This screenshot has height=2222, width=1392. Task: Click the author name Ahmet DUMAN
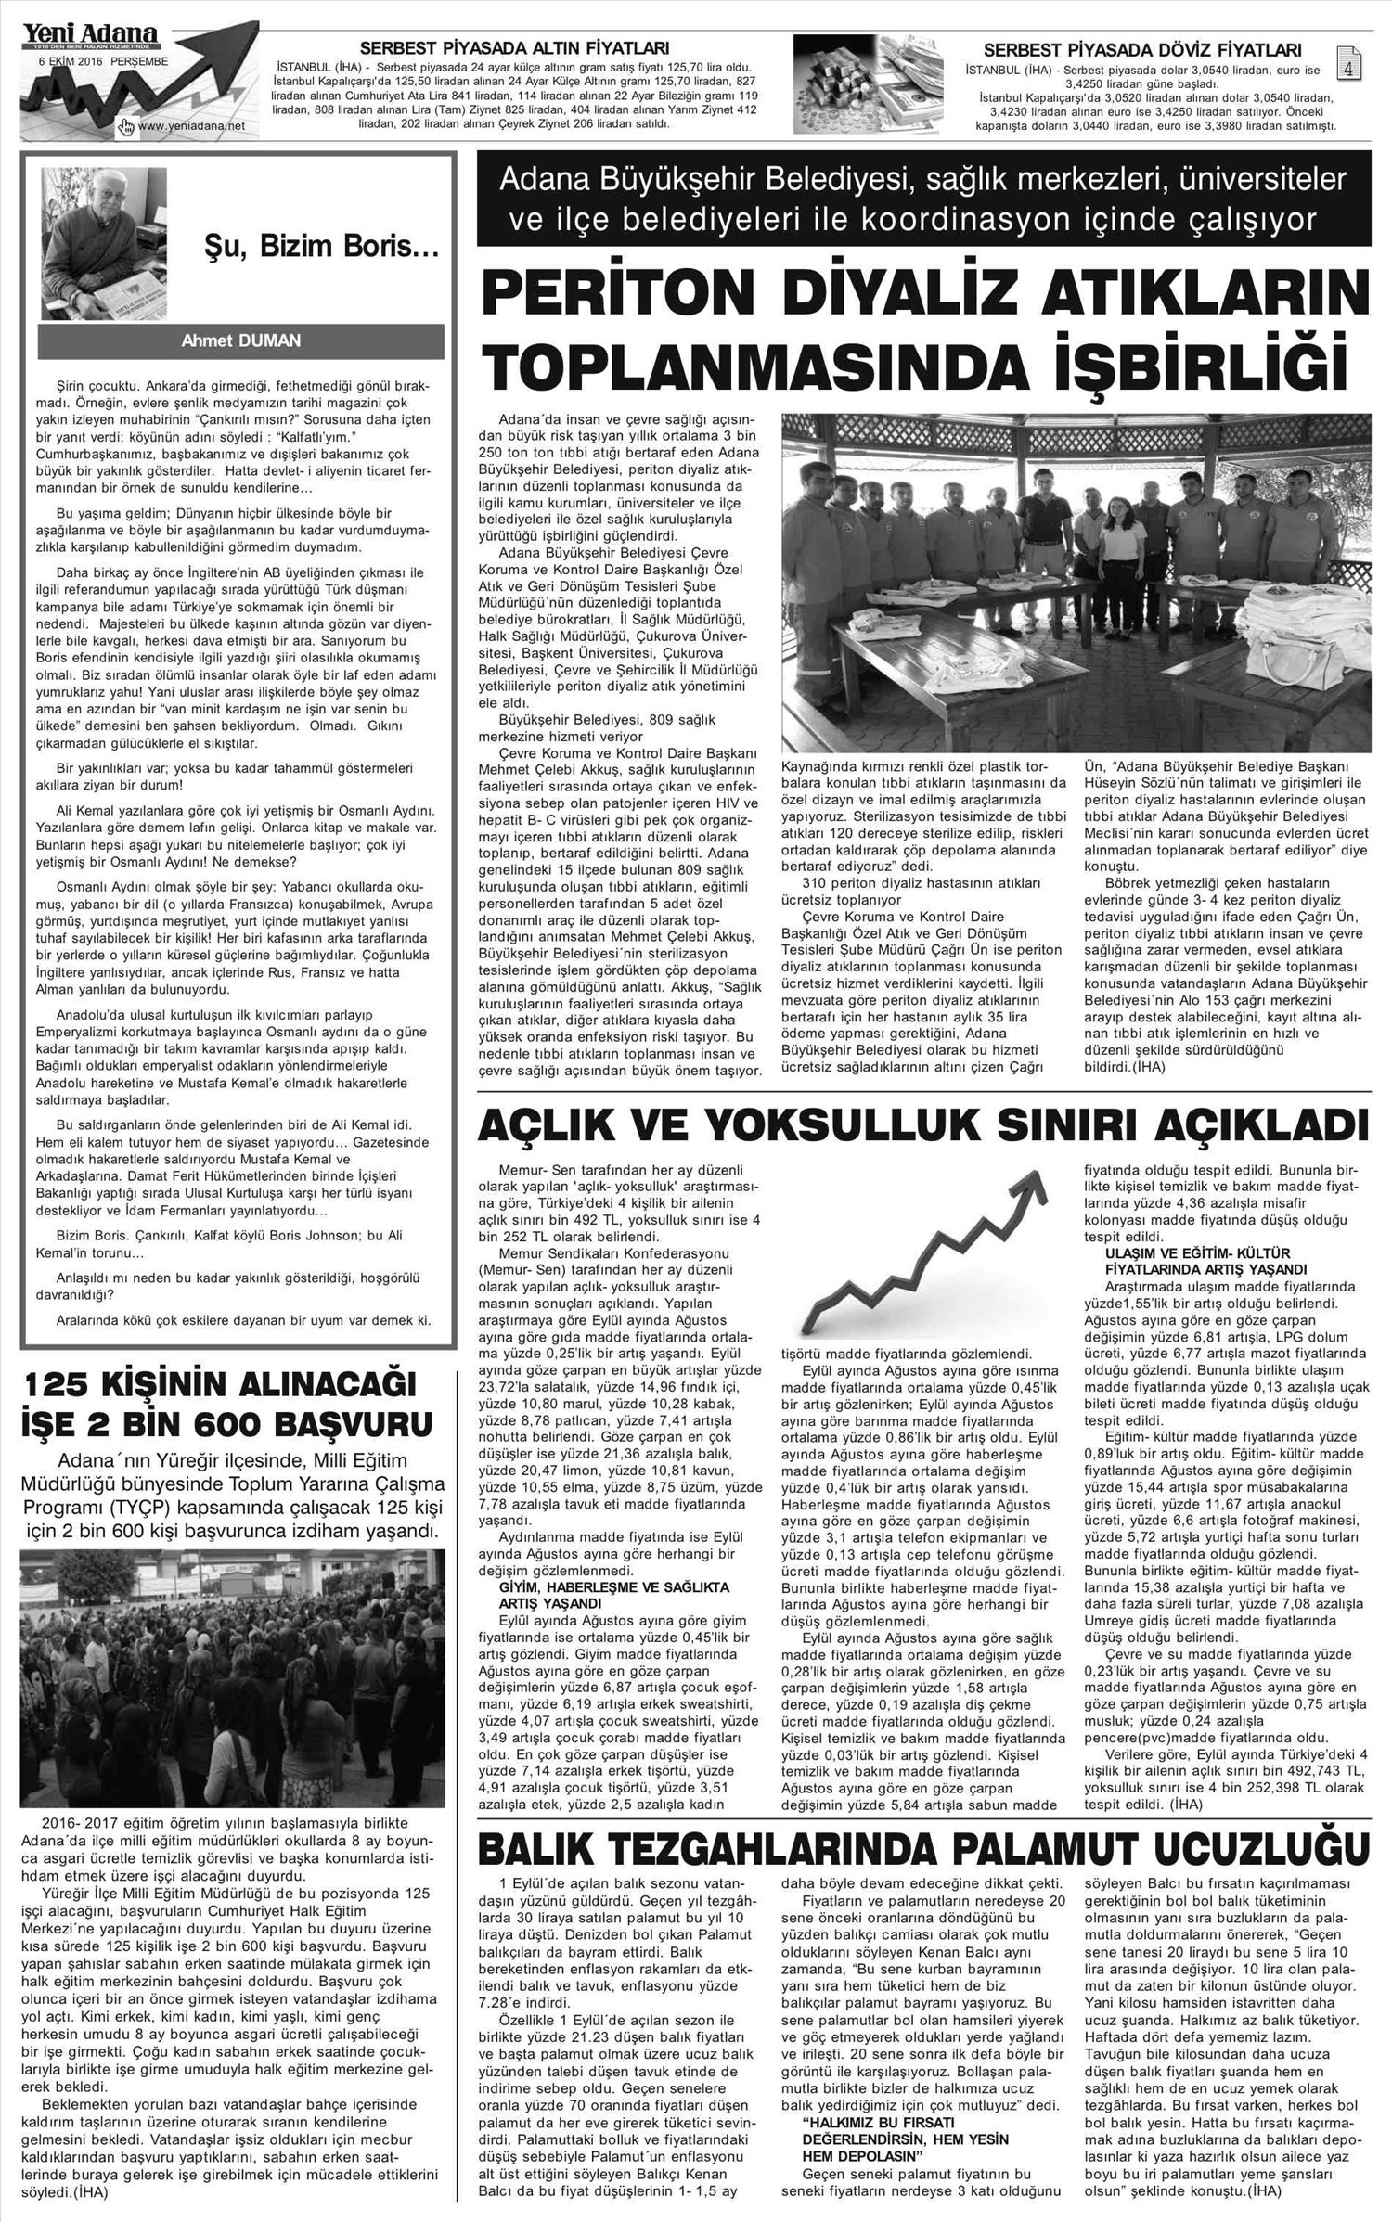coord(240,340)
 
